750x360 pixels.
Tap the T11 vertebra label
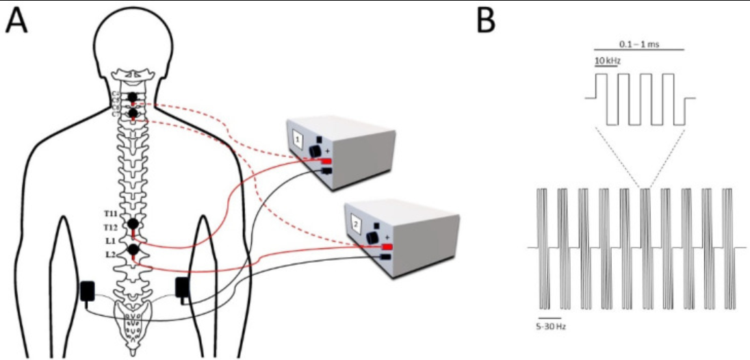(109, 215)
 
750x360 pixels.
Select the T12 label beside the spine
(109, 227)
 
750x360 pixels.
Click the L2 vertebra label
(110, 255)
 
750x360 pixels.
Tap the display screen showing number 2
(355, 224)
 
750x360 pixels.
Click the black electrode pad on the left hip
(88, 291)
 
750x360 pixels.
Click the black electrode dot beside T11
(133, 224)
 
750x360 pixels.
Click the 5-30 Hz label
(551, 326)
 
